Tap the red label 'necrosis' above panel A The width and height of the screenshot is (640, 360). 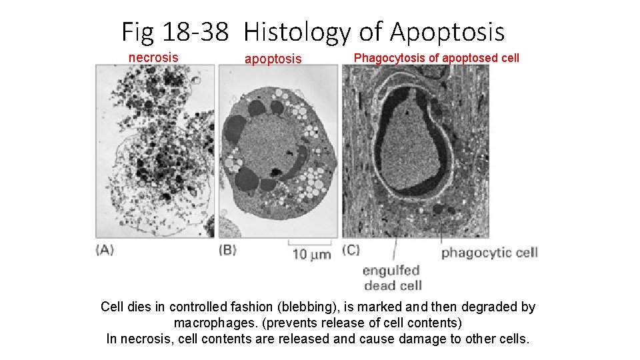point(153,57)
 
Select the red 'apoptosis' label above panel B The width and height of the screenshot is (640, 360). point(273,59)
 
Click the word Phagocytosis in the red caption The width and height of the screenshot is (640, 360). point(389,58)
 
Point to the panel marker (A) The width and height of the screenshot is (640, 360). point(105,250)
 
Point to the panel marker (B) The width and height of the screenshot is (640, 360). point(228,250)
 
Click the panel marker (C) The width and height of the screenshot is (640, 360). point(351,251)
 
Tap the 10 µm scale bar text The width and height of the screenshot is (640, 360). point(311,254)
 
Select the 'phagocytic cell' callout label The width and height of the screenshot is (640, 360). point(489,252)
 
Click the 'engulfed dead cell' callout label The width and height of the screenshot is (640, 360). point(391,278)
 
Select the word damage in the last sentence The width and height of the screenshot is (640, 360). point(436,339)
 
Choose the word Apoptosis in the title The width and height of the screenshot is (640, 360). point(447,31)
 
